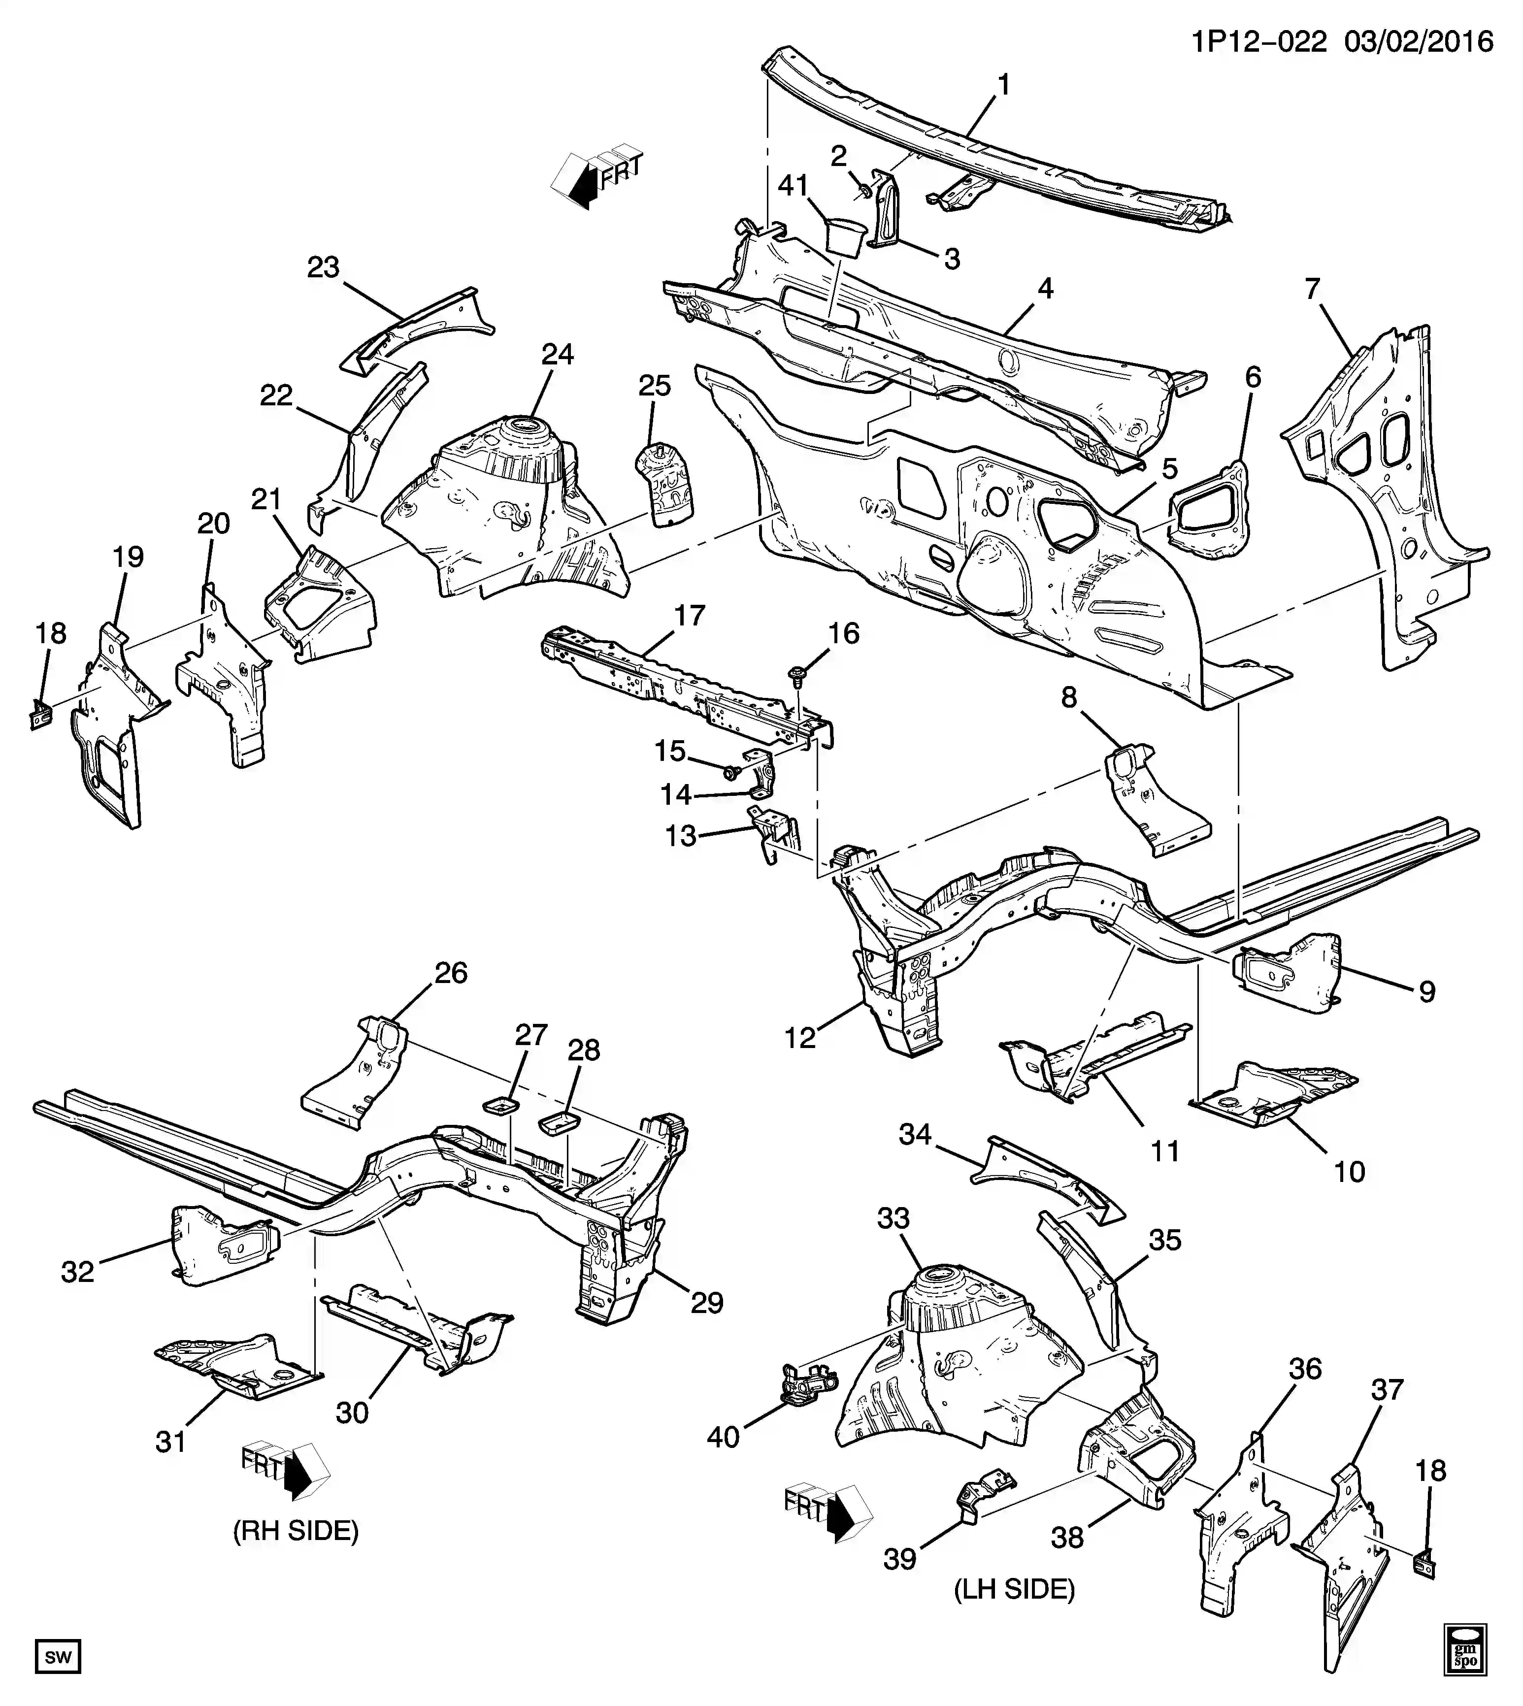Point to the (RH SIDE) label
(296, 1531)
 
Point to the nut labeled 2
(861, 191)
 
